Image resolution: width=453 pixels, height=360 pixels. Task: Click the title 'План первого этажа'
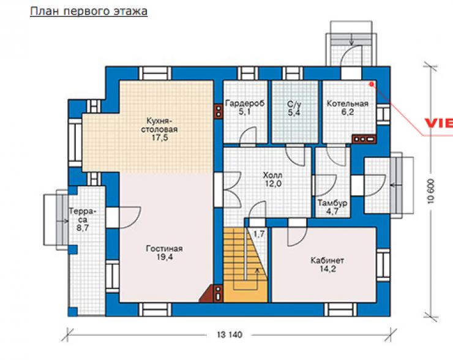pyautogui.click(x=89, y=11)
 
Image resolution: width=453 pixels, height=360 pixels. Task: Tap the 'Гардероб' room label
pyautogui.click(x=245, y=103)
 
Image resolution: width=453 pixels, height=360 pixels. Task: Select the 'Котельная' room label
pyautogui.click(x=347, y=103)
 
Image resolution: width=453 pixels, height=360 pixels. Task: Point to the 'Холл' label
pyautogui.click(x=272, y=175)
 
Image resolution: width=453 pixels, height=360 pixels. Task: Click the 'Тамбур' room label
pyautogui.click(x=332, y=203)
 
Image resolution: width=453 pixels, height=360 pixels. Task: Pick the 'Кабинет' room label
pyautogui.click(x=328, y=261)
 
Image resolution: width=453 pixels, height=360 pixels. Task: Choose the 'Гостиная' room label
pyautogui.click(x=165, y=249)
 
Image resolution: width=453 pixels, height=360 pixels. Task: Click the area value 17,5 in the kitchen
pyautogui.click(x=160, y=138)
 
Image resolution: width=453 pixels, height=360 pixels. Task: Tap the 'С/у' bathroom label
pyautogui.click(x=294, y=103)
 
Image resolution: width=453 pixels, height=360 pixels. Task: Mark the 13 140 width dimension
pyautogui.click(x=230, y=335)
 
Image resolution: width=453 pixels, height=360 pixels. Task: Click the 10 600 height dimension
pyautogui.click(x=431, y=191)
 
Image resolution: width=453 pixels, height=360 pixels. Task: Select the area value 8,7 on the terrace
pyautogui.click(x=83, y=228)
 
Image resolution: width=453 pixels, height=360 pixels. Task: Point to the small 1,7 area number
pyautogui.click(x=259, y=234)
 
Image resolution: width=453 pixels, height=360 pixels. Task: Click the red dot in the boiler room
pyautogui.click(x=372, y=84)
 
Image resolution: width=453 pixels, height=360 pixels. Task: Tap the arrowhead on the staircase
pyautogui.click(x=256, y=271)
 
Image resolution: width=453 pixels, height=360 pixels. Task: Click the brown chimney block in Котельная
pyautogui.click(x=364, y=139)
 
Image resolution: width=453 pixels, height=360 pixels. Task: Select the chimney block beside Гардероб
pyautogui.click(x=219, y=111)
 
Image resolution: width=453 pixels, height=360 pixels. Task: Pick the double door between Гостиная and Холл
pyautogui.click(x=233, y=189)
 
